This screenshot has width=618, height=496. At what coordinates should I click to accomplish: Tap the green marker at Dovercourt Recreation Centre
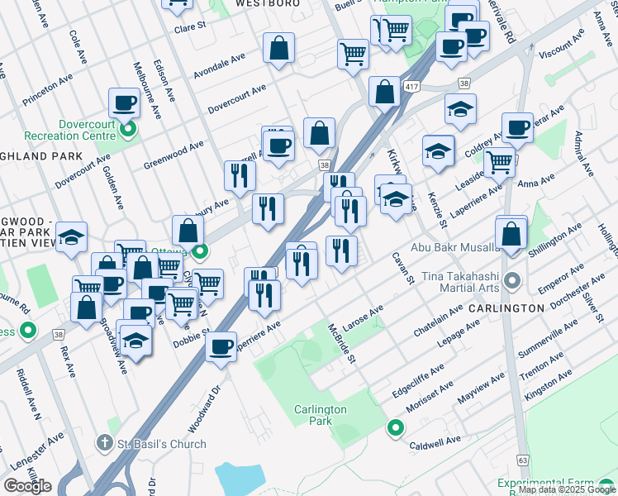(x=128, y=129)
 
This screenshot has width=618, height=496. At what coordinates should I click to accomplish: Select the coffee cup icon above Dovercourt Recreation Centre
(x=124, y=103)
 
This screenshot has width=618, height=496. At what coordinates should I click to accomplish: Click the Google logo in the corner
(x=27, y=486)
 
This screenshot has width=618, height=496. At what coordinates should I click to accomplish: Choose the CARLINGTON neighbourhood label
(x=505, y=308)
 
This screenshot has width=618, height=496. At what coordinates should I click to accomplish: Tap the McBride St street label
(x=343, y=344)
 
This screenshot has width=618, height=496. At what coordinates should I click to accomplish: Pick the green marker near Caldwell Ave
(x=396, y=427)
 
